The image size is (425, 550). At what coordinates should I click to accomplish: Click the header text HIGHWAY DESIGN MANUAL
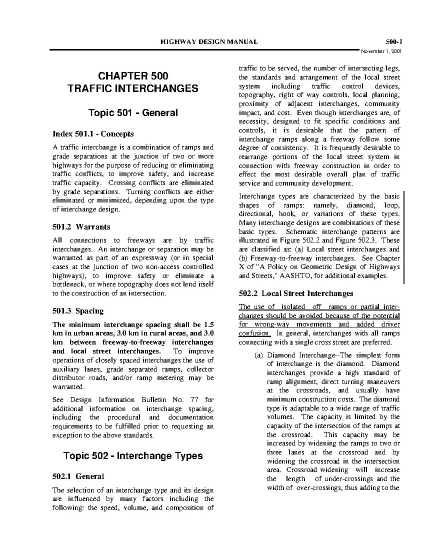pos(209,42)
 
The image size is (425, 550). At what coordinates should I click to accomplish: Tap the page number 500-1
pos(393,42)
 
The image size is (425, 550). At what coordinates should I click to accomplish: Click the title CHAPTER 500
pos(133,76)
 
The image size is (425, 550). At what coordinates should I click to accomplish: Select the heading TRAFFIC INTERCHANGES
pos(133,88)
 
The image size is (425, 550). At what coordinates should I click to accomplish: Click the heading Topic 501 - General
pos(133,113)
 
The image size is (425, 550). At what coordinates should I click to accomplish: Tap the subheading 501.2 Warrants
pos(81,227)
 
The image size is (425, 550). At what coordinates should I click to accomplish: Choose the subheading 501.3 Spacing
pos(78,311)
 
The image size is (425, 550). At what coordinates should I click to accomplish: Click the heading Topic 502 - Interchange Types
pos(133,455)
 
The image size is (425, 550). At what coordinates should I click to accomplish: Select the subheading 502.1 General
pos(78,476)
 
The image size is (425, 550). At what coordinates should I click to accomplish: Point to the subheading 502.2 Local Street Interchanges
pos(296,293)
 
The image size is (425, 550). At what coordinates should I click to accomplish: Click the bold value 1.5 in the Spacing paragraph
pos(209,325)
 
